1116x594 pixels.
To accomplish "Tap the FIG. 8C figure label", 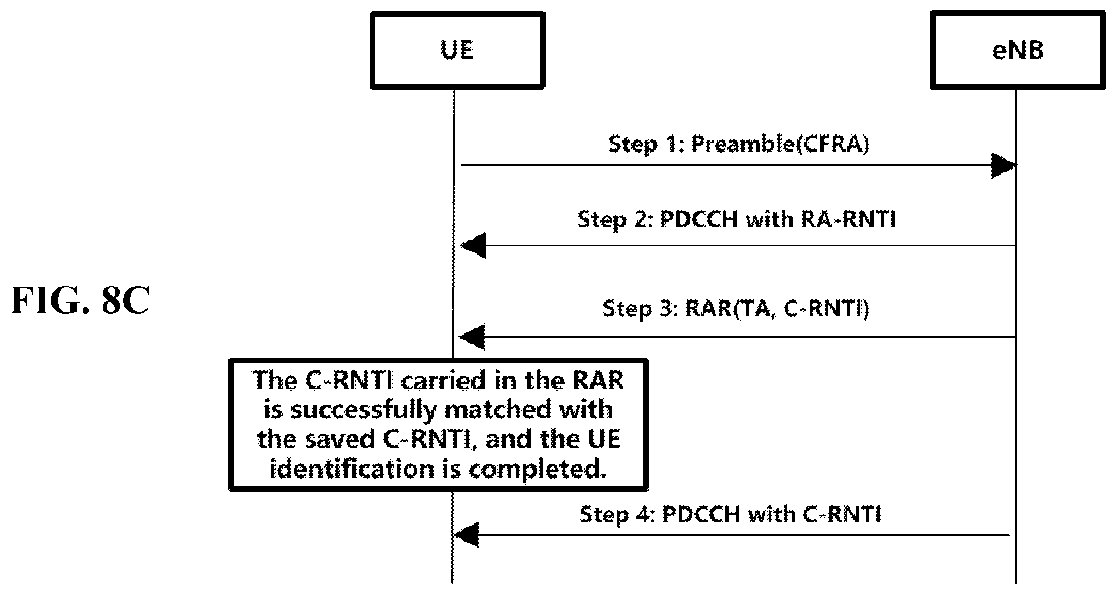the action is [80, 301].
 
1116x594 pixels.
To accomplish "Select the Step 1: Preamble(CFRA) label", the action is [739, 144].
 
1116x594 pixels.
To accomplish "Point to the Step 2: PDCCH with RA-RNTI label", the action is [737, 220].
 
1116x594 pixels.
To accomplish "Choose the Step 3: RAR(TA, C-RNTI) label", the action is [736, 308].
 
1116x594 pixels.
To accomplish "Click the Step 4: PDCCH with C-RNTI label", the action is [730, 514].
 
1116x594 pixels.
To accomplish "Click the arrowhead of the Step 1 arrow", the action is [1003, 165].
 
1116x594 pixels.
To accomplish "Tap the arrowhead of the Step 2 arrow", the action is [473, 246].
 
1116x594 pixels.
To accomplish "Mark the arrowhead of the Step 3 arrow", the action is [472, 337].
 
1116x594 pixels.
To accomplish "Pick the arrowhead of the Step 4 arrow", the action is [466, 535].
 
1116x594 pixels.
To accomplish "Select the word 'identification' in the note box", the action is [351, 469].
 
